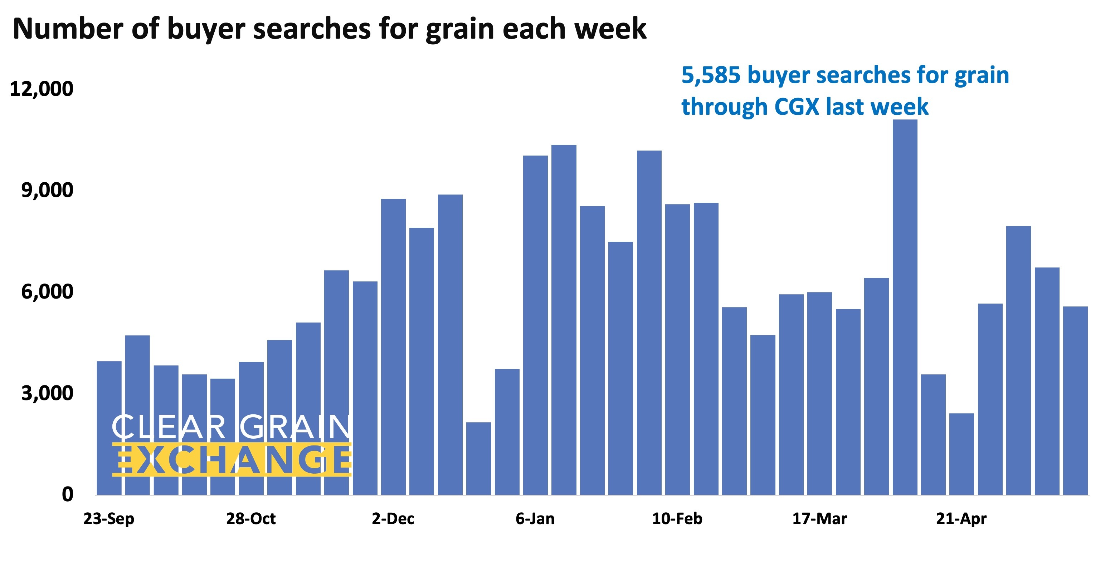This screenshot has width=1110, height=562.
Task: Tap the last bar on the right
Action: [x=1075, y=400]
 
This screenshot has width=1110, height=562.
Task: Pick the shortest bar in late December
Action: [x=478, y=458]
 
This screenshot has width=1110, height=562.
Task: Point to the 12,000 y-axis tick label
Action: [x=42, y=89]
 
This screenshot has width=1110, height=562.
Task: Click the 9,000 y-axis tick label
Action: [x=47, y=190]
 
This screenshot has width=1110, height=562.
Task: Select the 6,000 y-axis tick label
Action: [x=47, y=292]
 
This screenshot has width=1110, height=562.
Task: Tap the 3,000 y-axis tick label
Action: [x=47, y=393]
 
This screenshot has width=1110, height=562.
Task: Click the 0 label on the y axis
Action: [x=67, y=494]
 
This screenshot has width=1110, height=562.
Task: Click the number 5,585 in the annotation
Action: [x=711, y=76]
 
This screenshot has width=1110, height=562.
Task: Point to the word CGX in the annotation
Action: [x=797, y=107]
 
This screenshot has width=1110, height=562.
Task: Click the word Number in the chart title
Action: [x=68, y=29]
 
